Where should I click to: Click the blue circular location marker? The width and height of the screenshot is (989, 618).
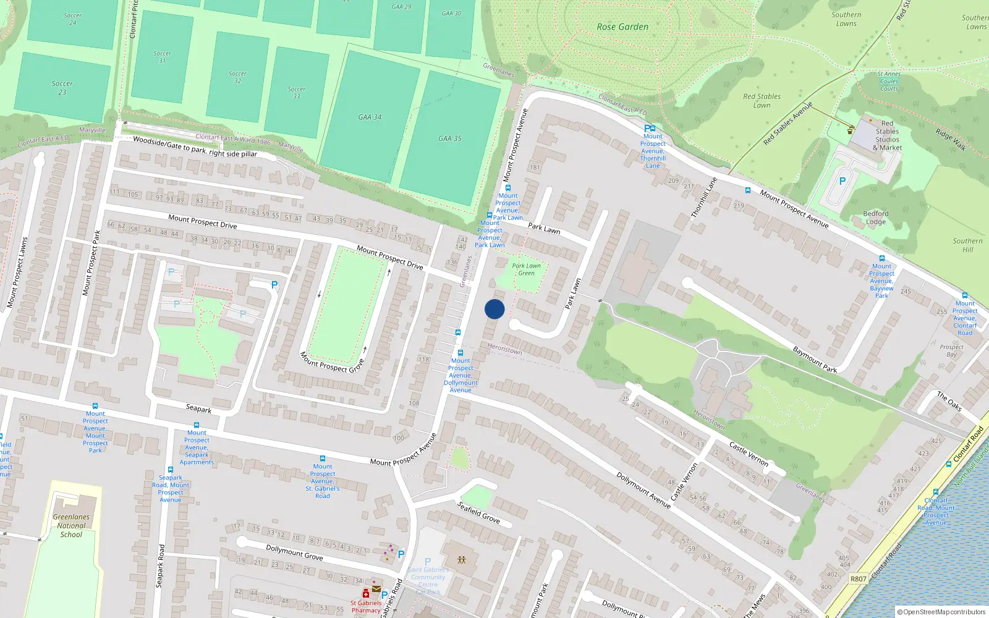click(x=494, y=309)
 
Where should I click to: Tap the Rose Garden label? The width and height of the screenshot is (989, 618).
click(x=622, y=27)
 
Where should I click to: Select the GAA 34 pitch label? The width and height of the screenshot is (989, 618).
click(x=370, y=117)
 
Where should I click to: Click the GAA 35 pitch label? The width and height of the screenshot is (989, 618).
click(x=450, y=138)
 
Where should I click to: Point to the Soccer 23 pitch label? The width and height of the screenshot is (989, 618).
click(x=62, y=88)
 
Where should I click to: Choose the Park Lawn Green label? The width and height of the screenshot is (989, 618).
click(x=526, y=269)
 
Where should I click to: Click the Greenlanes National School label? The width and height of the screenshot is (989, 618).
click(x=71, y=525)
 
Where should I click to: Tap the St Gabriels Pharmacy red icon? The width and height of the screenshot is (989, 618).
click(x=365, y=593)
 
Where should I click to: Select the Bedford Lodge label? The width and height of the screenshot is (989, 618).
click(x=875, y=218)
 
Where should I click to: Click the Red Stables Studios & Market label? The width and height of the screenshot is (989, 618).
click(x=887, y=135)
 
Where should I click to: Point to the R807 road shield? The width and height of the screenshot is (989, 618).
click(x=858, y=579)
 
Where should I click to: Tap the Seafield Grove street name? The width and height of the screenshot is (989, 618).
click(x=478, y=512)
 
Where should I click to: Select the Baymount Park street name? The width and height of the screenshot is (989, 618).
click(x=815, y=360)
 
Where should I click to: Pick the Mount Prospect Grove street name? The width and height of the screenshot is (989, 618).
click(x=332, y=362)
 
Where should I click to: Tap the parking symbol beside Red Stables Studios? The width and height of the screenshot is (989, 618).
click(x=842, y=182)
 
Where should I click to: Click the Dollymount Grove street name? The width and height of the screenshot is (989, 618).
click(x=294, y=551)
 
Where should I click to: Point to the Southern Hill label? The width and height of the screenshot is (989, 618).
click(x=967, y=245)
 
